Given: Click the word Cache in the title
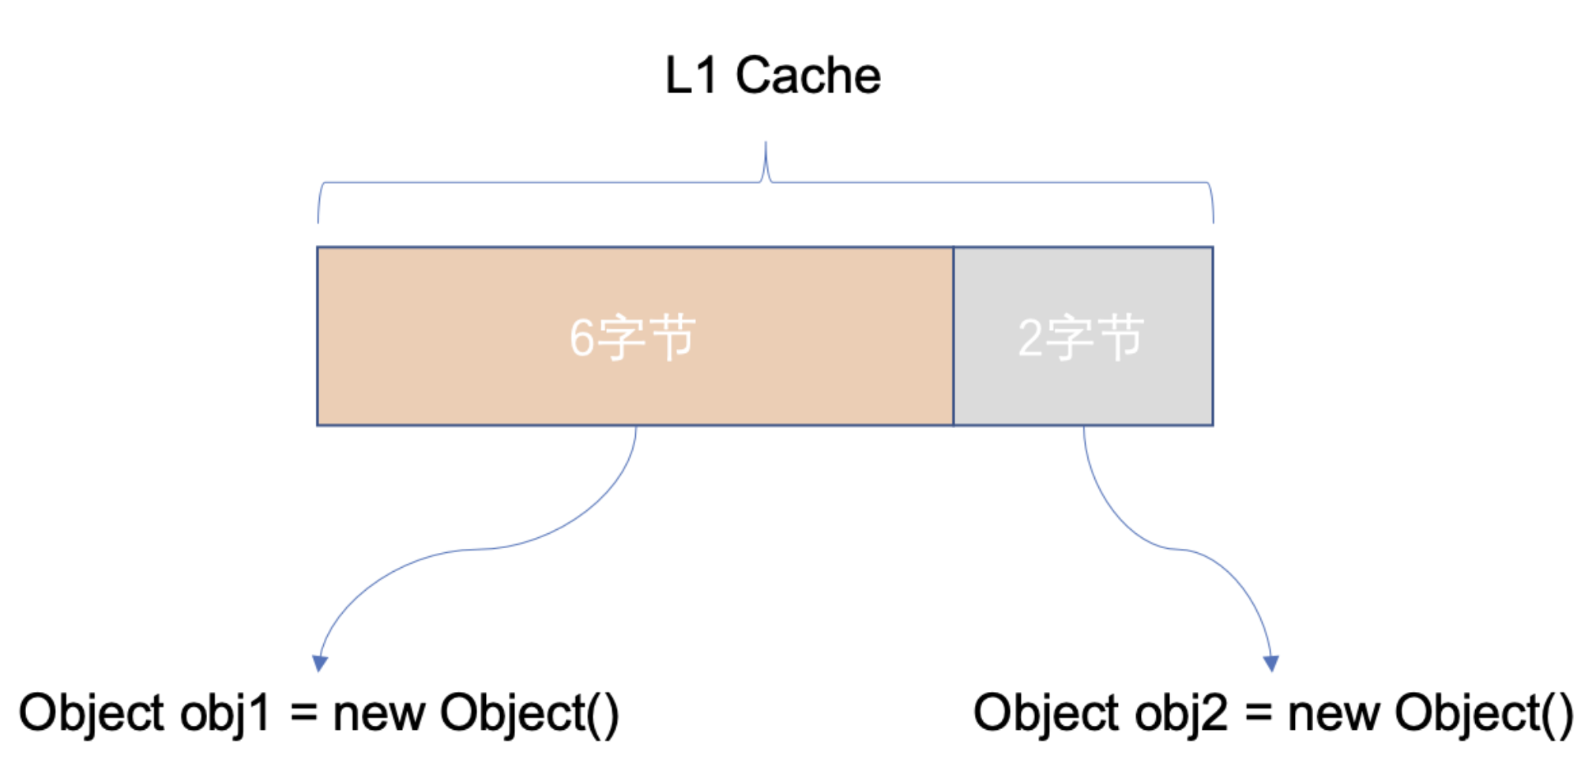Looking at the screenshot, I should click(807, 76).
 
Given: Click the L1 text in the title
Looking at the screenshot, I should click(691, 76).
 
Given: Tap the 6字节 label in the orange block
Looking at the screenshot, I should click(632, 337).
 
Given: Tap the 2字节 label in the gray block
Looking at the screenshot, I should click(1081, 337).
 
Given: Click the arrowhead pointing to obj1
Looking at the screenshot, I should click(320, 663).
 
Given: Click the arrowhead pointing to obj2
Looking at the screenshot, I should click(1271, 663).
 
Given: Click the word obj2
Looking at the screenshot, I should click(1180, 714).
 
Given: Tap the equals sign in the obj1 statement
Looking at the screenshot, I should click(303, 714).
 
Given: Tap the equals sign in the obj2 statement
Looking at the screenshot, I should click(1258, 714).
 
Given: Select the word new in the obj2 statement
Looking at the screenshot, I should click(1334, 714).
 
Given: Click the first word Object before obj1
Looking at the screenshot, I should click(91, 714).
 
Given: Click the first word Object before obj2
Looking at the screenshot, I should click(1045, 714).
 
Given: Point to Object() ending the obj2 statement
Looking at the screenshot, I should click(1484, 714).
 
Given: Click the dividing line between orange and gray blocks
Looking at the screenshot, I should click(954, 336).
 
